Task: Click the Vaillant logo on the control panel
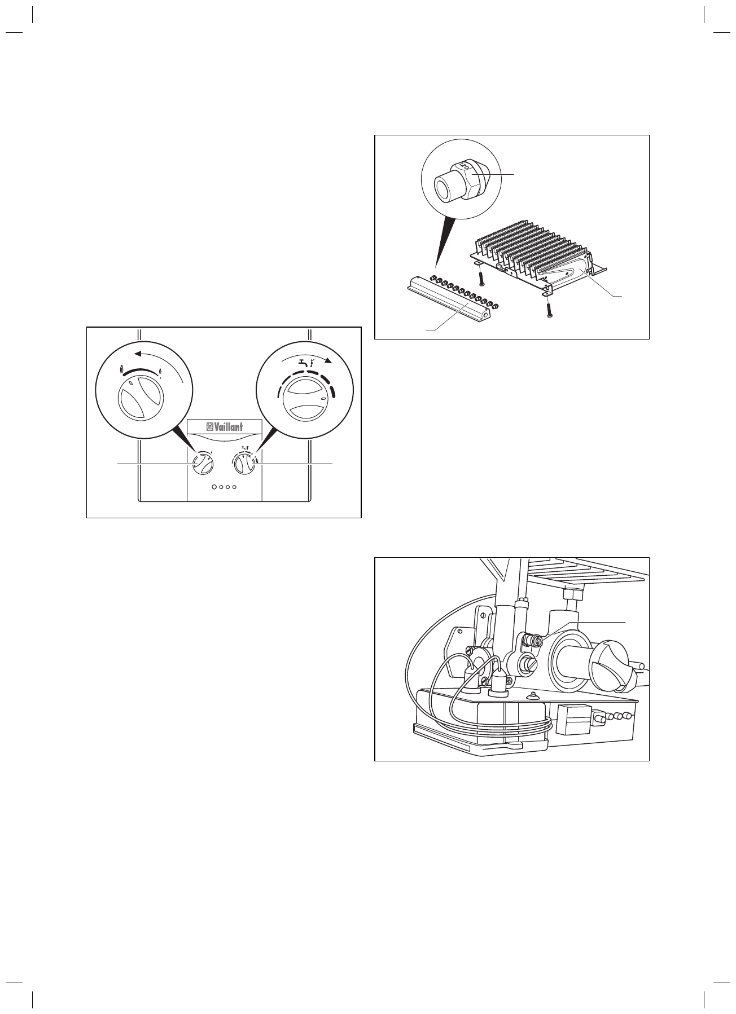coord(225,427)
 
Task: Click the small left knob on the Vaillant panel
coord(202,464)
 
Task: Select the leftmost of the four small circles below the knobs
coord(214,486)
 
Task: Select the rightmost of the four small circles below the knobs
coord(235,486)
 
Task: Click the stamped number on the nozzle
coord(463,165)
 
